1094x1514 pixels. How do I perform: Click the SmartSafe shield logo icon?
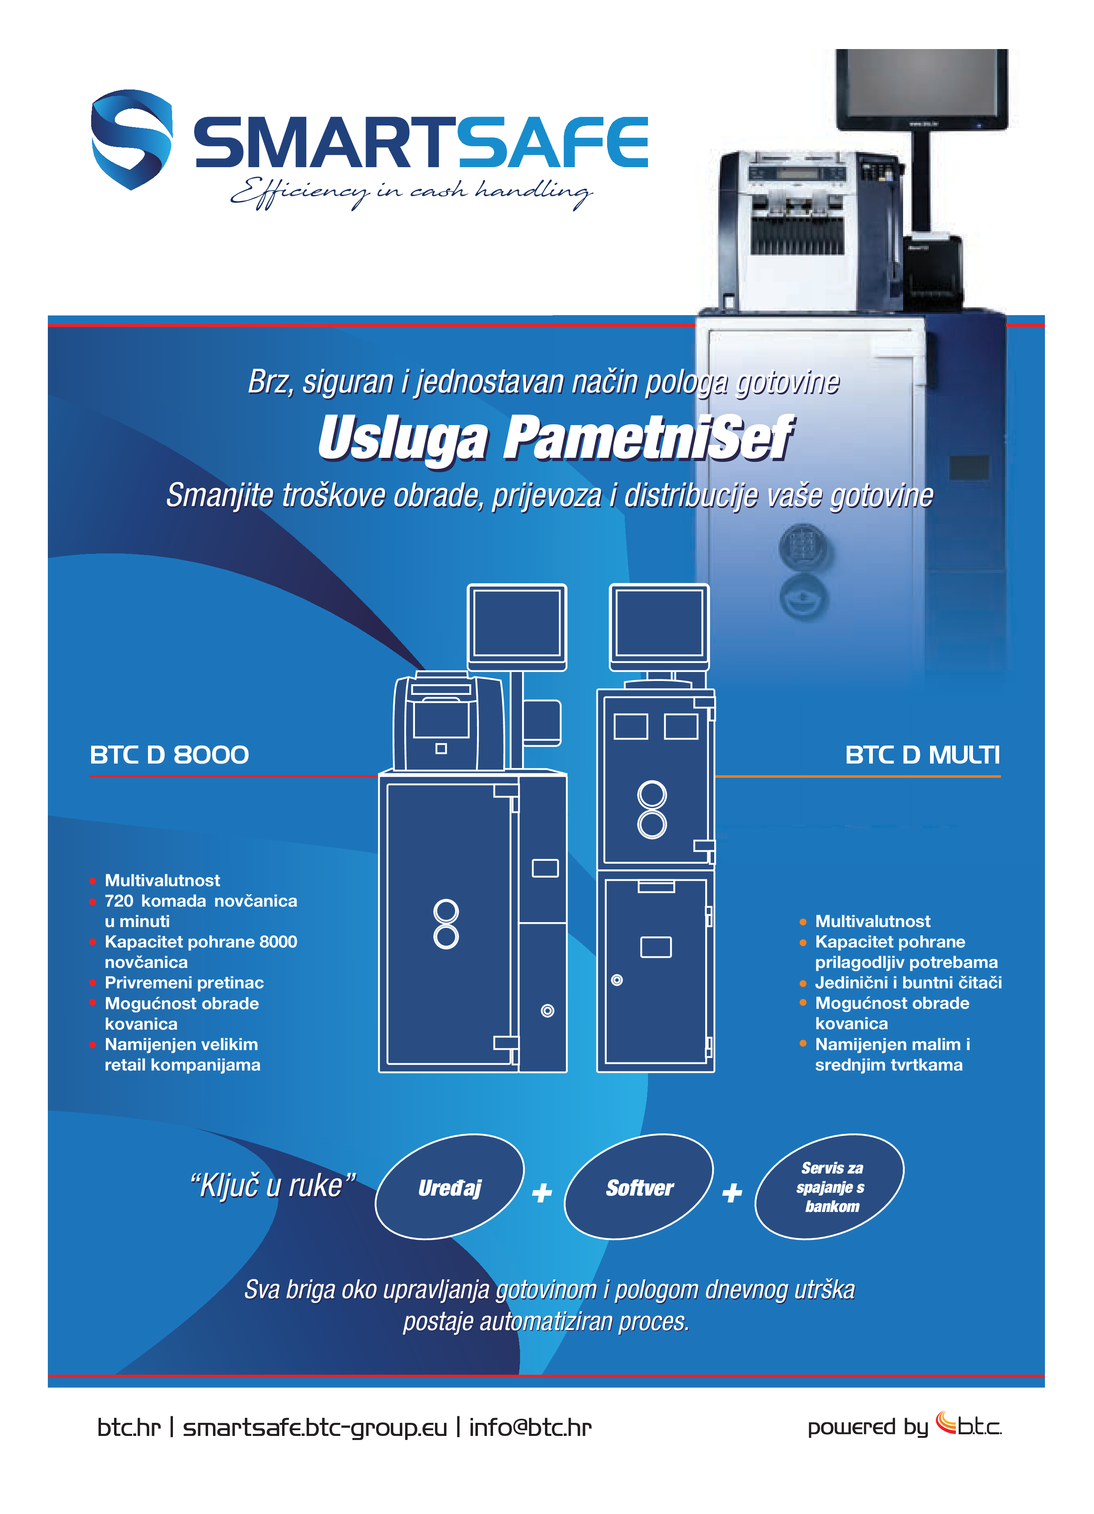(x=132, y=139)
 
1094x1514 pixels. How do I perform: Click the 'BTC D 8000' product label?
(x=169, y=755)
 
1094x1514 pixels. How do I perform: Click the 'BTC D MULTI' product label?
(x=922, y=755)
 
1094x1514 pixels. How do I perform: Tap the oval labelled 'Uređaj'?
(x=449, y=1187)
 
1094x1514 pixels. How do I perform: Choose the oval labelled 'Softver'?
(x=639, y=1187)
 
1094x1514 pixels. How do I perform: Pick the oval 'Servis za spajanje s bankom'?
(x=829, y=1187)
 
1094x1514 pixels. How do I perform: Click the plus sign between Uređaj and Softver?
(x=542, y=1192)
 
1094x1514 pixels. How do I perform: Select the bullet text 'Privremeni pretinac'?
(x=184, y=983)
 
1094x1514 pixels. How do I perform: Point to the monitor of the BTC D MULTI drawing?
(x=659, y=623)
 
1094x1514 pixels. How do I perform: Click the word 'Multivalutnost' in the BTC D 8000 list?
(x=162, y=880)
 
